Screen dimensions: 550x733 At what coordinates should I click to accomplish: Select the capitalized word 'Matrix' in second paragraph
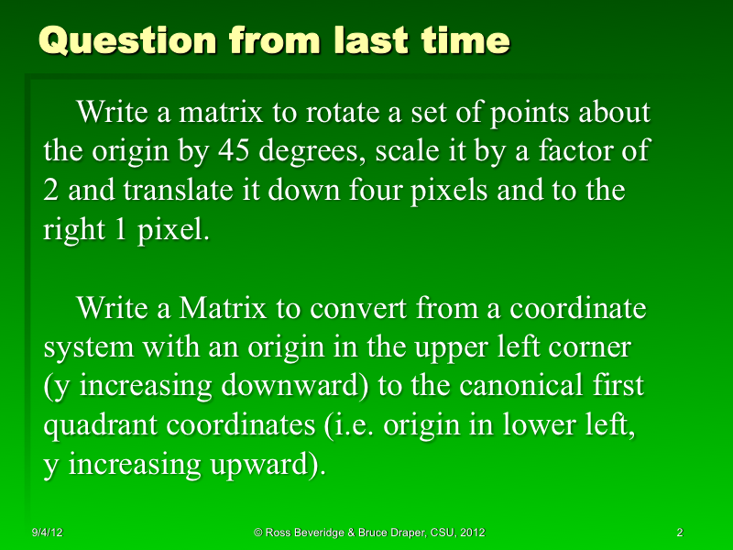(x=221, y=309)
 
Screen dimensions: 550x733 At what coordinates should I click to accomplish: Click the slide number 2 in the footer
(x=679, y=533)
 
